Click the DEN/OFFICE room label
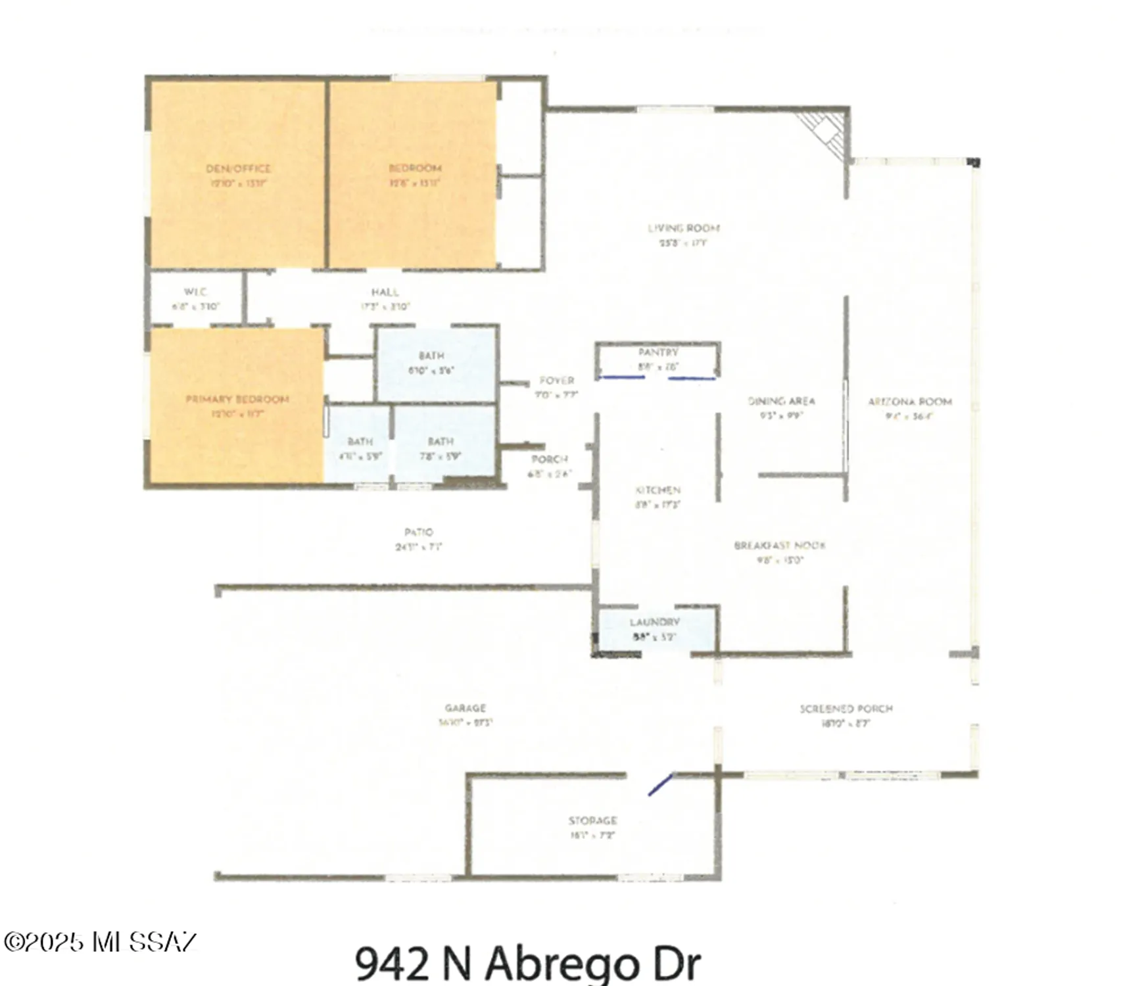(x=238, y=169)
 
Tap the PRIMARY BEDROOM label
(x=237, y=399)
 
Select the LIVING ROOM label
(x=684, y=228)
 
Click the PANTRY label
(x=657, y=353)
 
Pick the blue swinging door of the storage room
(x=660, y=784)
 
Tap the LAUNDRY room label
(x=654, y=622)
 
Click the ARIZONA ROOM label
(x=909, y=402)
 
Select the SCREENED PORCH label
(x=846, y=709)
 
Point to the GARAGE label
(x=465, y=708)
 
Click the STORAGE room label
(x=592, y=820)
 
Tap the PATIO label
(x=418, y=532)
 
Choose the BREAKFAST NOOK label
(x=779, y=546)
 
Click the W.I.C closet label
(x=195, y=292)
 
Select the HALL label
(x=385, y=292)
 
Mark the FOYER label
(x=556, y=381)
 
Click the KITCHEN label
(x=657, y=490)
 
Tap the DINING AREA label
(x=781, y=401)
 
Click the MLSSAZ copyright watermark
(x=100, y=942)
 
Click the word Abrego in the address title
(x=562, y=964)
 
